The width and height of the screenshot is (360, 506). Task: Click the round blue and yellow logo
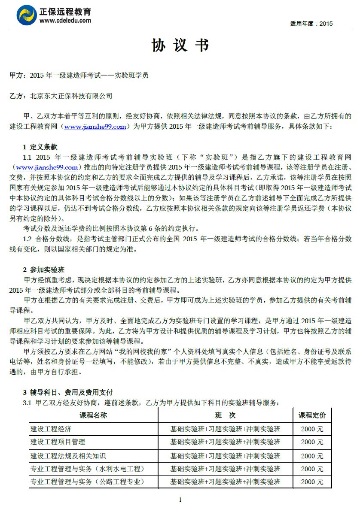click(x=27, y=15)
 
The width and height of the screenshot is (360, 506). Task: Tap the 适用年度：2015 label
click(x=311, y=24)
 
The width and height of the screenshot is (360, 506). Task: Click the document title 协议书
click(x=180, y=45)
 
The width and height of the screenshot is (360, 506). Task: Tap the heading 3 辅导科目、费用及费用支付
click(x=67, y=392)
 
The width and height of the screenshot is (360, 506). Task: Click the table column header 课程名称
click(x=93, y=415)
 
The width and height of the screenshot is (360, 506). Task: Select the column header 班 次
click(x=225, y=415)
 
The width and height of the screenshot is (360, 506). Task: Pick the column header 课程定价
click(x=312, y=415)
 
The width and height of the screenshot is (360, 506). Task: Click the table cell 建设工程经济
click(x=51, y=429)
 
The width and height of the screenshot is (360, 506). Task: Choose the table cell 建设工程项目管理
click(x=58, y=442)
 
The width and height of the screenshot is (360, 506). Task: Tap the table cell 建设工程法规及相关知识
click(x=68, y=455)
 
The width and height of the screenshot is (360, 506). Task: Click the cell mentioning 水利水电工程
click(x=87, y=469)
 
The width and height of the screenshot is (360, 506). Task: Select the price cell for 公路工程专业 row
click(x=312, y=482)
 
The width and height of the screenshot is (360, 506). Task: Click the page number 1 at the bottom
click(x=180, y=499)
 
